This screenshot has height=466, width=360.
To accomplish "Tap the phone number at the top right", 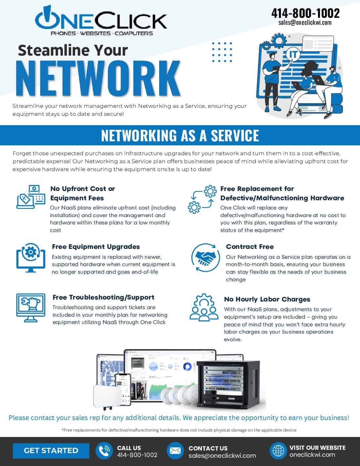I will (305, 13).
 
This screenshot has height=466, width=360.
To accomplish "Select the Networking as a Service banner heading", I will (180, 135).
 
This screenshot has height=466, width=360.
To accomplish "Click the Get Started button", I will (51, 450).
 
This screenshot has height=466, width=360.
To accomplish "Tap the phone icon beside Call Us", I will (104, 451).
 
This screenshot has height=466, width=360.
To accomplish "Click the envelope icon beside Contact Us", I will (175, 451).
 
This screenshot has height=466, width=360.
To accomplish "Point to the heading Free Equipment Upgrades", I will (96, 247).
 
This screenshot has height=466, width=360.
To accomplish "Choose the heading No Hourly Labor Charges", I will (267, 299).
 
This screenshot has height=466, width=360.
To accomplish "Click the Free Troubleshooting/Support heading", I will (103, 297).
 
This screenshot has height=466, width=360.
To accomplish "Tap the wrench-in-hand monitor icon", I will (31, 308).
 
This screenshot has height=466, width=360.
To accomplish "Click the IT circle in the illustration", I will (293, 54).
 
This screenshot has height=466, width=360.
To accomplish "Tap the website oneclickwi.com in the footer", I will (312, 454).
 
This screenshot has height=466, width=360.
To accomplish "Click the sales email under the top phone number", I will (305, 23).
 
